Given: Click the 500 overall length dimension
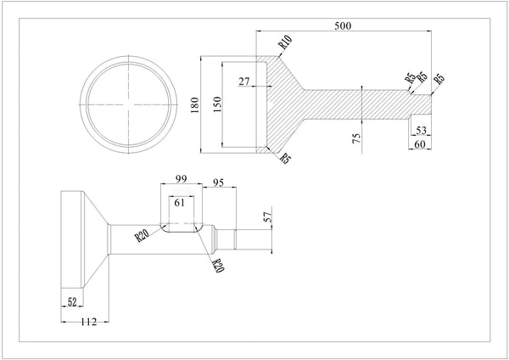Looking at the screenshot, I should (x=343, y=25).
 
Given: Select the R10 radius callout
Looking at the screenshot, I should (x=283, y=41).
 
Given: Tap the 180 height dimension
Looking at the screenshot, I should (x=194, y=104).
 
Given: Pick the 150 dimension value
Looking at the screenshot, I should (x=216, y=103).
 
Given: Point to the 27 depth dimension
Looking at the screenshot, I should (x=245, y=82).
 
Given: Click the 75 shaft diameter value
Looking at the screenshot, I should (x=356, y=136).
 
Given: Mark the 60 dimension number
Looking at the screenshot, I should (x=419, y=144).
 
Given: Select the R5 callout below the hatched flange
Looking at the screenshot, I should (x=286, y=158).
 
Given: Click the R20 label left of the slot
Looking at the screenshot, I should (x=143, y=234).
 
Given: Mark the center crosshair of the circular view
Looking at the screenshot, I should (x=131, y=104).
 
